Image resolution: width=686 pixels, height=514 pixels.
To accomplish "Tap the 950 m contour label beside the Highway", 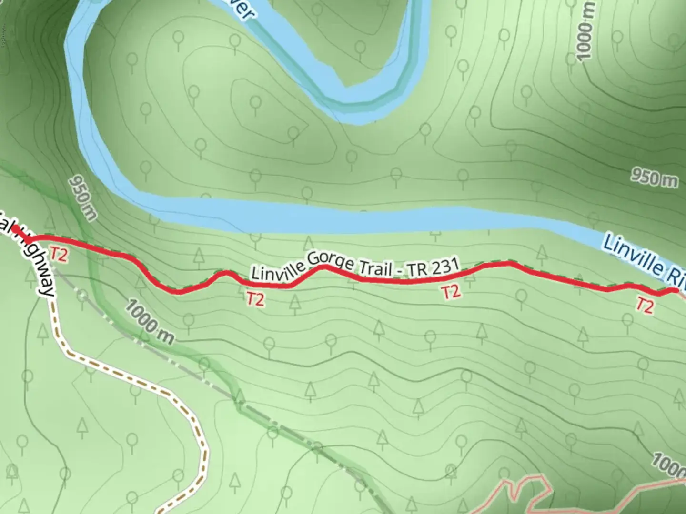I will coord(82,198).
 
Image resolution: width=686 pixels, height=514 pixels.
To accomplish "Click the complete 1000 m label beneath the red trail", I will coord(149,322).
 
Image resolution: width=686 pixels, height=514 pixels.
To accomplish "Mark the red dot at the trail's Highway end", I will coord(15,229).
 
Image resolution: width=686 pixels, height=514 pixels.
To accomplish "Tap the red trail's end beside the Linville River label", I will coord(675,290).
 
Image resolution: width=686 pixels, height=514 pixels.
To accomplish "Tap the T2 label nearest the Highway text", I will coord(59,255).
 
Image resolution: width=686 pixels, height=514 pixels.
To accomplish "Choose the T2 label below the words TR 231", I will coord(451,291).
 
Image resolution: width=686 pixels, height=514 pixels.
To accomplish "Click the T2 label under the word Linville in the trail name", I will coord(255,299).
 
